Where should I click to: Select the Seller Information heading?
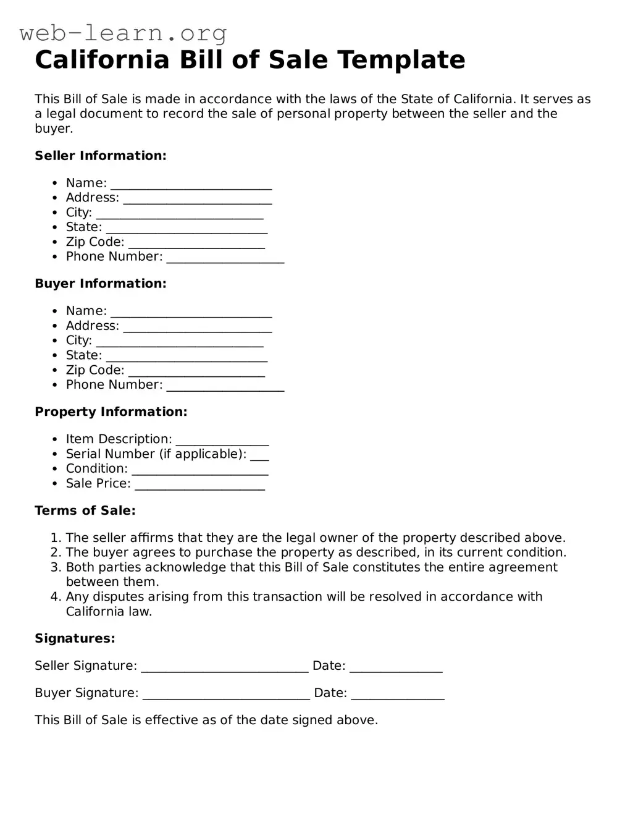click(101, 156)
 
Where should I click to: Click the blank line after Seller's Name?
click(191, 185)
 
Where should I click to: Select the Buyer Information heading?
click(101, 284)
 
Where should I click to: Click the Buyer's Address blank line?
click(197, 328)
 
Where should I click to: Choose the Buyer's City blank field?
click(179, 342)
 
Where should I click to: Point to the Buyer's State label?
click(84, 355)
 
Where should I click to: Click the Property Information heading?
click(111, 412)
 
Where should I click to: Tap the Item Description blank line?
click(222, 441)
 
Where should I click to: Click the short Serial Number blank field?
click(259, 456)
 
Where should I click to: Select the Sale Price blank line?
click(199, 486)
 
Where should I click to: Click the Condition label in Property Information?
click(96, 468)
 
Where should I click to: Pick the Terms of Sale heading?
click(85, 510)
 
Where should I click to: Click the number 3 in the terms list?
click(55, 567)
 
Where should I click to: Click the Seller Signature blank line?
click(224, 667)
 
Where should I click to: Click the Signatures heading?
click(75, 638)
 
